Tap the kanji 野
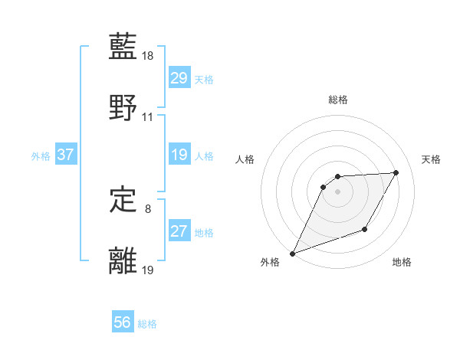pos(123,107)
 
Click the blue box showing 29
pos(179,78)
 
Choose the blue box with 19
pos(179,155)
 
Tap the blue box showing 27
pos(179,231)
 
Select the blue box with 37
pos(65,155)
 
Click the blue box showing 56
pos(122,322)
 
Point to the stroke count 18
pos(148,56)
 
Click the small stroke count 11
pos(148,117)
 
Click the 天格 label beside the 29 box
pos(204,80)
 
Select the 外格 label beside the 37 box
pos(41,156)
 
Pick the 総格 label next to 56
pos(147,324)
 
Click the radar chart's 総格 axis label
pos(337,100)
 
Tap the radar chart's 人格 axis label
pos(245,159)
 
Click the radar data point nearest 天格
pos(396,172)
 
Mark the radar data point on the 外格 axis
pos(292,254)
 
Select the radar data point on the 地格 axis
pos(365,229)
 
